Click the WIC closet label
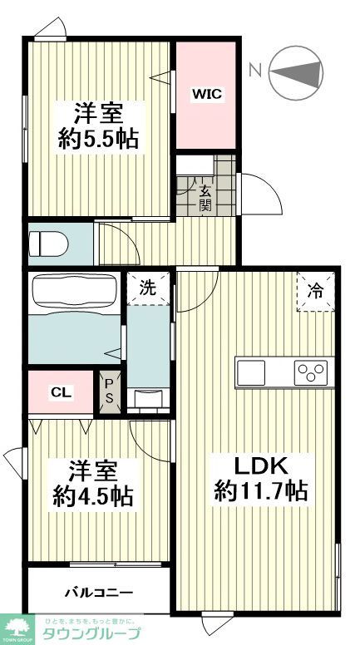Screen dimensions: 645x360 coord(207,95)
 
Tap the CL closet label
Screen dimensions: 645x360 coord(61,391)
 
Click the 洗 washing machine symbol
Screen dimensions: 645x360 coord(147,289)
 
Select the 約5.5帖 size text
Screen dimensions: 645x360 coord(98,137)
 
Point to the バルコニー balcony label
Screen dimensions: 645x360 coord(99,593)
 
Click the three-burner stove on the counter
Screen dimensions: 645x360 coord(313,373)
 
